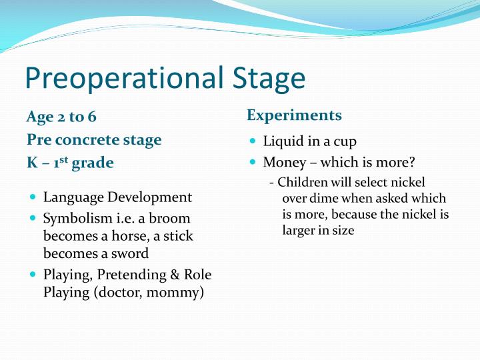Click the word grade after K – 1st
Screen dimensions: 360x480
click(93, 163)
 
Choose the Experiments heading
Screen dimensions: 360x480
click(294, 115)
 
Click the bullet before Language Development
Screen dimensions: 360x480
click(33, 198)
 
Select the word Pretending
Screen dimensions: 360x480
click(129, 275)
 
